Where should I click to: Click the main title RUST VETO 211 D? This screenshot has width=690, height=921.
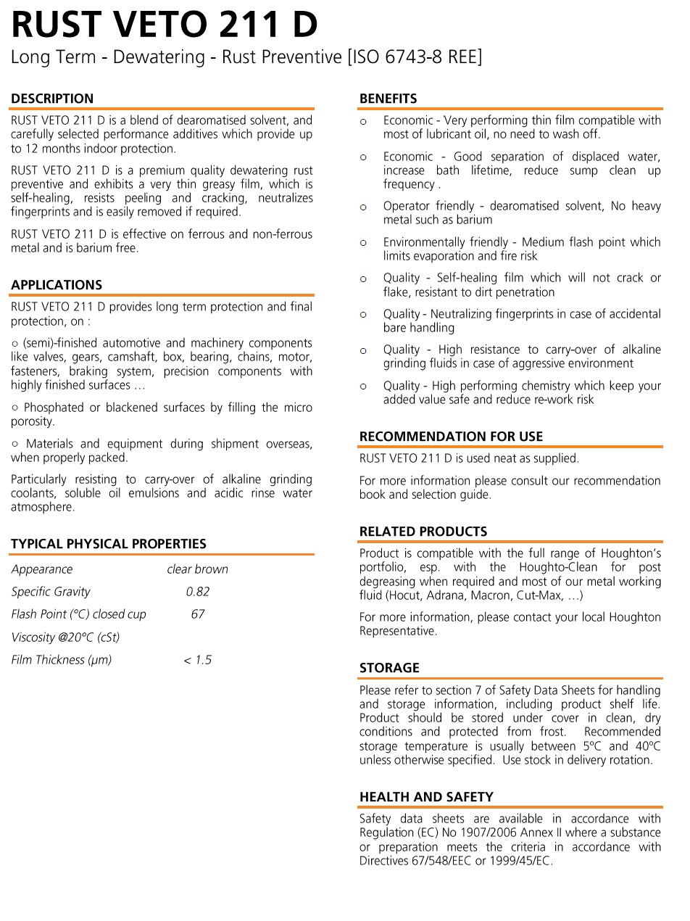pyautogui.click(x=164, y=25)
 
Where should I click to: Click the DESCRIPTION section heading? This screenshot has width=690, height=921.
pyautogui.click(x=52, y=99)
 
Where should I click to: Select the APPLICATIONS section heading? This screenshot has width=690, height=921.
pyautogui.click(x=57, y=285)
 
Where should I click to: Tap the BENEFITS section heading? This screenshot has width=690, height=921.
pyautogui.click(x=388, y=99)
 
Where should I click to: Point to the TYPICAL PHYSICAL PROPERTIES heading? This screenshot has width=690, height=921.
pyautogui.click(x=109, y=544)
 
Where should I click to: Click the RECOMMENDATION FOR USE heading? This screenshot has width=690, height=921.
pyautogui.click(x=451, y=437)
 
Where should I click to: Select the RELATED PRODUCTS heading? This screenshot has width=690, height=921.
pyautogui.click(x=423, y=532)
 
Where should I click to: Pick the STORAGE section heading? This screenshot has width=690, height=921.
pyautogui.click(x=389, y=668)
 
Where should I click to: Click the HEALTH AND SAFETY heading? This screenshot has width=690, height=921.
pyautogui.click(x=426, y=797)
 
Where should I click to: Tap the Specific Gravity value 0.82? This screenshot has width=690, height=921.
pyautogui.click(x=198, y=592)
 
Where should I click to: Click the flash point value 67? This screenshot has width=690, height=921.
pyautogui.click(x=198, y=614)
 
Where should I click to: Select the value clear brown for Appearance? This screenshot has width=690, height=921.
pyautogui.click(x=197, y=569)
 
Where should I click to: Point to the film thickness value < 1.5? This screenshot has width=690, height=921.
pyautogui.click(x=197, y=660)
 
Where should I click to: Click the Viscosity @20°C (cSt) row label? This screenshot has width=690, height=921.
pyautogui.click(x=65, y=637)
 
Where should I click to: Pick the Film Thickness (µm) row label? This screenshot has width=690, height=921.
pyautogui.click(x=62, y=660)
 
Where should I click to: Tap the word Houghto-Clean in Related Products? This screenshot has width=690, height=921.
pyautogui.click(x=557, y=568)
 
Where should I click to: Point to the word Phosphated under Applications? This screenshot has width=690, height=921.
pyautogui.click(x=53, y=408)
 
